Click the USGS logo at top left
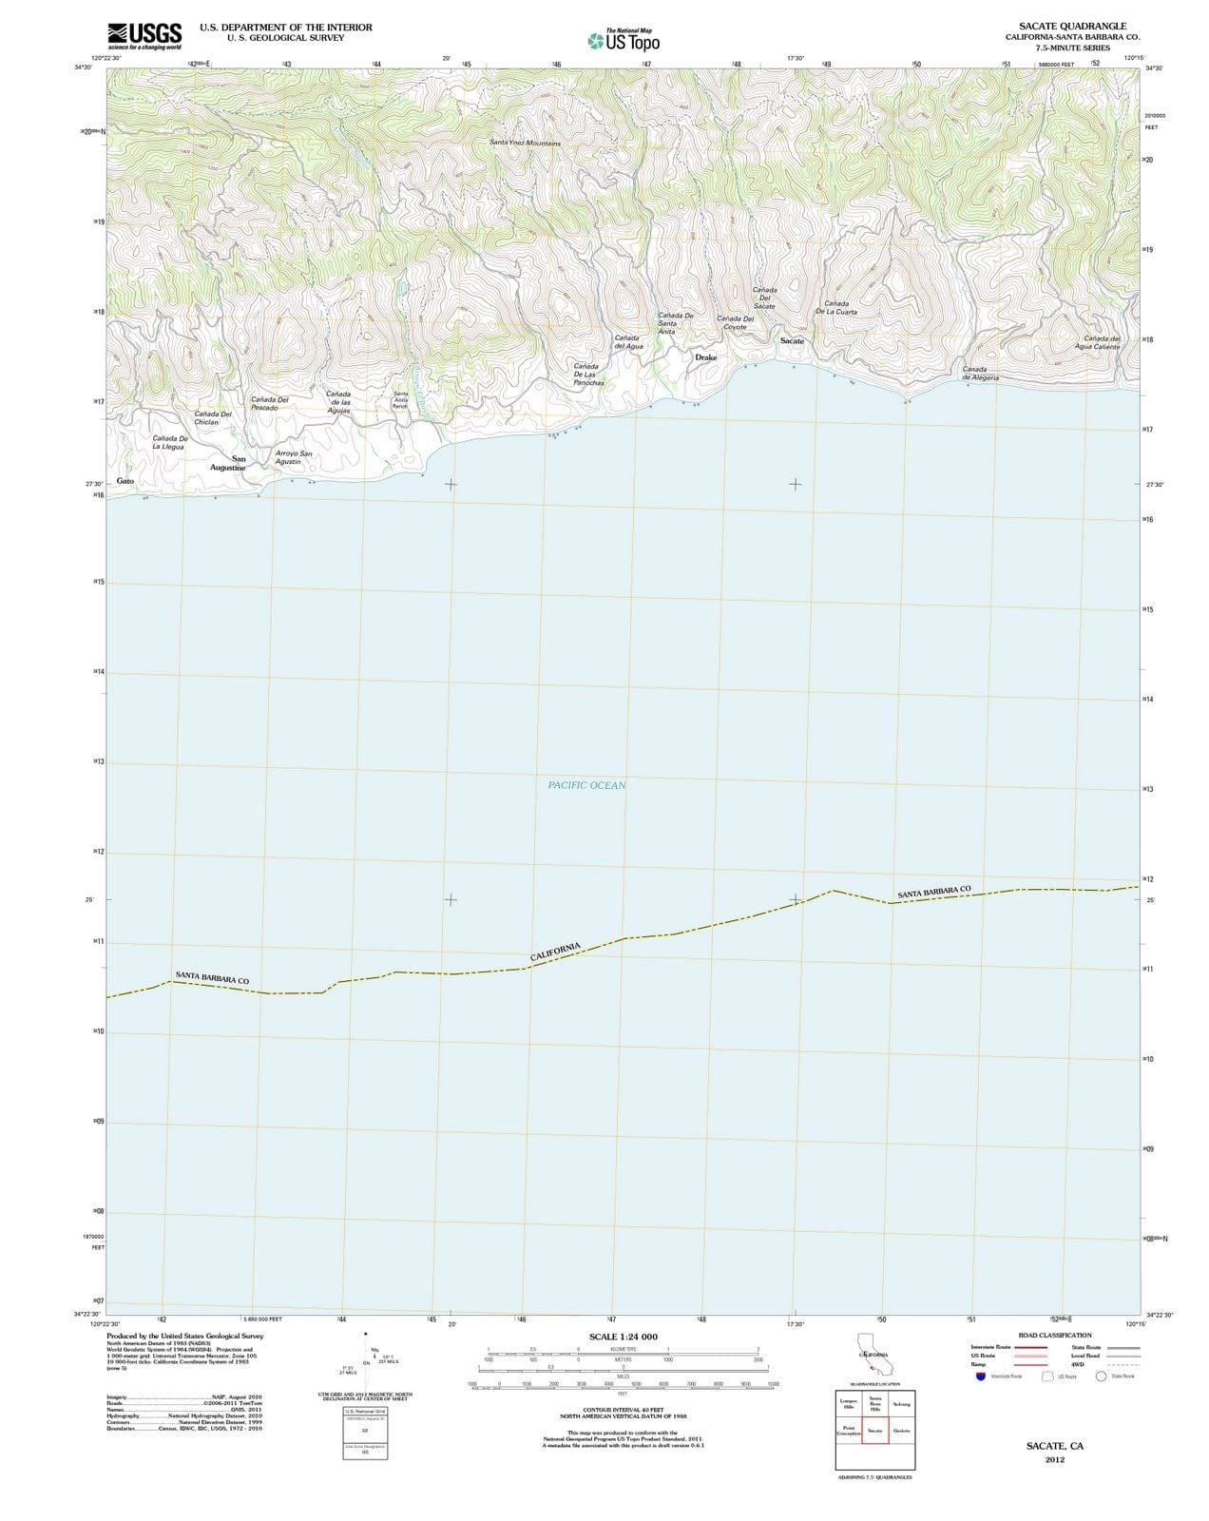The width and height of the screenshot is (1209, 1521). pyautogui.click(x=144, y=35)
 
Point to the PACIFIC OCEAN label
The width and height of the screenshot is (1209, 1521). pyautogui.click(x=586, y=785)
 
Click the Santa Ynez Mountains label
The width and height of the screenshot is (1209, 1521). pyautogui.click(x=525, y=143)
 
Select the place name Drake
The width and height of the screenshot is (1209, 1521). pyautogui.click(x=706, y=357)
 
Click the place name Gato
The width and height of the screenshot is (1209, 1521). pyautogui.click(x=125, y=481)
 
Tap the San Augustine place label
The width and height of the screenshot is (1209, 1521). pyautogui.click(x=228, y=463)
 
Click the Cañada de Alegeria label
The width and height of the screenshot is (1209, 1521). pyautogui.click(x=980, y=373)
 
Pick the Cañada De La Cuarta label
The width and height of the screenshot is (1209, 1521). pyautogui.click(x=836, y=307)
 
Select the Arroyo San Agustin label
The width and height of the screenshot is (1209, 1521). pyautogui.click(x=293, y=457)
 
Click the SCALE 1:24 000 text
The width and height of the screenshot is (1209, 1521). pyautogui.click(x=623, y=1337)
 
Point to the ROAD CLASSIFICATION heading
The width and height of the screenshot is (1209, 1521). pyautogui.click(x=1054, y=1335)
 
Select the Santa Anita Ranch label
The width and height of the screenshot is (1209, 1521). pyautogui.click(x=400, y=399)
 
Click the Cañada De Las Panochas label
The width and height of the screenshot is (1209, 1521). pyautogui.click(x=587, y=375)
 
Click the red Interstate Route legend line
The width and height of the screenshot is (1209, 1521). pyautogui.click(x=1029, y=1346)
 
